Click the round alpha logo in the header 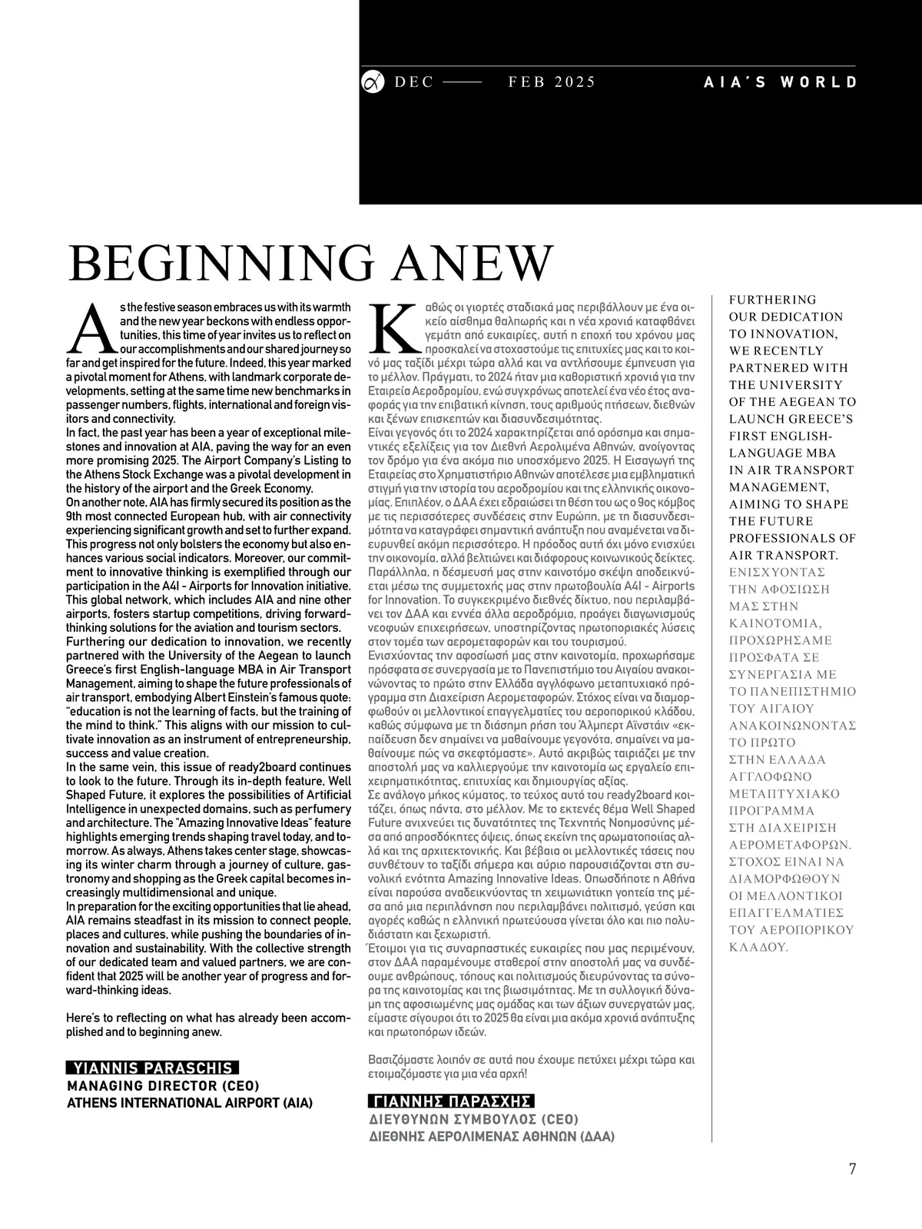tap(372, 81)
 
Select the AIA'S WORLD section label tap(781, 82)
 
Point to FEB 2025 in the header tap(552, 82)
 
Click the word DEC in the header tap(414, 82)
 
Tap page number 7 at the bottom tap(852, 1169)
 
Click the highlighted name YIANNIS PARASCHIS tap(153, 1068)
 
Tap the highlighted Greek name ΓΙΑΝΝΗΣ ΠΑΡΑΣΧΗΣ tap(452, 1101)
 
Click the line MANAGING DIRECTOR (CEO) tap(163, 1086)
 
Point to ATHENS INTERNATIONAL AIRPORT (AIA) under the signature tap(191, 1103)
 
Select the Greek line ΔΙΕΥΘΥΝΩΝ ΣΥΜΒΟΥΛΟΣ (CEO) tap(474, 1119)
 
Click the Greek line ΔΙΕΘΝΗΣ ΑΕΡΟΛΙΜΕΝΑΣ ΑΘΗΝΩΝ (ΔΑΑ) tap(492, 1136)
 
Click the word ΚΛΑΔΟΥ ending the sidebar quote tap(758, 947)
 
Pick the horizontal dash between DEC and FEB tap(462, 82)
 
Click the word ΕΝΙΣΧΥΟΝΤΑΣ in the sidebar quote tap(777, 572)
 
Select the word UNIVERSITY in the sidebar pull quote tap(795, 384)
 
